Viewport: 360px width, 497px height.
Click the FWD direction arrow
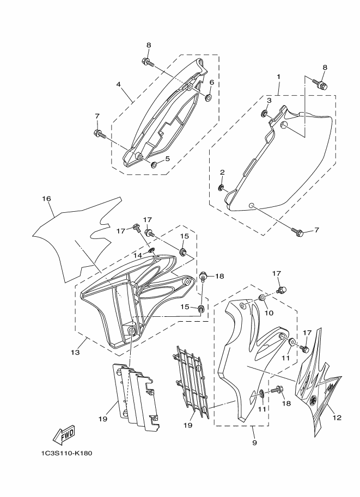point(64,434)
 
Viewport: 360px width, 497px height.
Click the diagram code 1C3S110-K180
point(66,453)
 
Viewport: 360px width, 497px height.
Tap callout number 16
point(46,199)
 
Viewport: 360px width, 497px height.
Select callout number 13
point(75,352)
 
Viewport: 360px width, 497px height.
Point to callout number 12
point(337,418)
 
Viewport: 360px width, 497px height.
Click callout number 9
point(254,443)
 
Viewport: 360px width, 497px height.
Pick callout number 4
point(118,84)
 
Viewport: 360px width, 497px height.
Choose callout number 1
point(278,76)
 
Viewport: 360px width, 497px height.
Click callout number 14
point(137,255)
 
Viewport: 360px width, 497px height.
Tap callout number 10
point(269,313)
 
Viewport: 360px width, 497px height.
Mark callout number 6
point(211,82)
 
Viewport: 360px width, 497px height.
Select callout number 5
point(167,158)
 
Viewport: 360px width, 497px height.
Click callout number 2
point(222,172)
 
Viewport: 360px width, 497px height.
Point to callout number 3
point(269,101)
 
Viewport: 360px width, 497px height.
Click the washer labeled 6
point(209,97)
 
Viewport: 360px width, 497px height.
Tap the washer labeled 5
point(155,164)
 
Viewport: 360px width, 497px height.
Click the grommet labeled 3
point(264,113)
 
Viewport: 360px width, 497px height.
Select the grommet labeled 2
point(221,188)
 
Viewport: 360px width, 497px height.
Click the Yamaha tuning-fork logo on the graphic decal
point(313,400)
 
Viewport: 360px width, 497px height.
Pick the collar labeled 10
point(263,298)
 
